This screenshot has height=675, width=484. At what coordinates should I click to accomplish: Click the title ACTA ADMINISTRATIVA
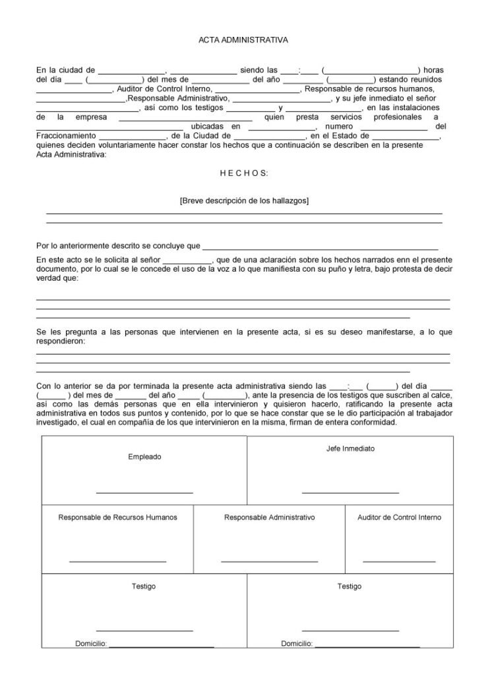(243, 40)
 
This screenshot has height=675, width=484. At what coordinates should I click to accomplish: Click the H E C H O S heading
(243, 173)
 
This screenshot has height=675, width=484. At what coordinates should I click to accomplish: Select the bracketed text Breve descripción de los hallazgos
(244, 200)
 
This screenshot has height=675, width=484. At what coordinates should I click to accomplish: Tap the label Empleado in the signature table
(144, 457)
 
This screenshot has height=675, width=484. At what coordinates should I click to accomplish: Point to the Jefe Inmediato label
(350, 448)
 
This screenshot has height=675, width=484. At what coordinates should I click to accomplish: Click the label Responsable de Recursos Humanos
(118, 517)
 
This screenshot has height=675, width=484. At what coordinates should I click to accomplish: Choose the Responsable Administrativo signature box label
(269, 517)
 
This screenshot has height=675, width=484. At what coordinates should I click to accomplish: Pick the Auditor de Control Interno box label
(400, 517)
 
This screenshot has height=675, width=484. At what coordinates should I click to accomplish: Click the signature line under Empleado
(144, 492)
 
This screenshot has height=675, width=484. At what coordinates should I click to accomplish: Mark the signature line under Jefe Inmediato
(350, 492)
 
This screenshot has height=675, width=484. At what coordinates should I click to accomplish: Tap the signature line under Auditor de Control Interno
(400, 561)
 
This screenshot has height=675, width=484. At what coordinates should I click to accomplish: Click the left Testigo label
(144, 586)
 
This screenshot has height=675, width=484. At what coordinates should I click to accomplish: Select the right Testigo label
(349, 586)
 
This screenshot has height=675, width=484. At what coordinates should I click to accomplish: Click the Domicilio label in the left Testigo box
(91, 643)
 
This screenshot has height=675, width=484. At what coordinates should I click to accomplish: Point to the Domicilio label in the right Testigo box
(297, 643)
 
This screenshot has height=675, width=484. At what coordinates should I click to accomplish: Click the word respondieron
(61, 343)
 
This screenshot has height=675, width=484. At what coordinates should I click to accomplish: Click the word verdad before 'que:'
(48, 279)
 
